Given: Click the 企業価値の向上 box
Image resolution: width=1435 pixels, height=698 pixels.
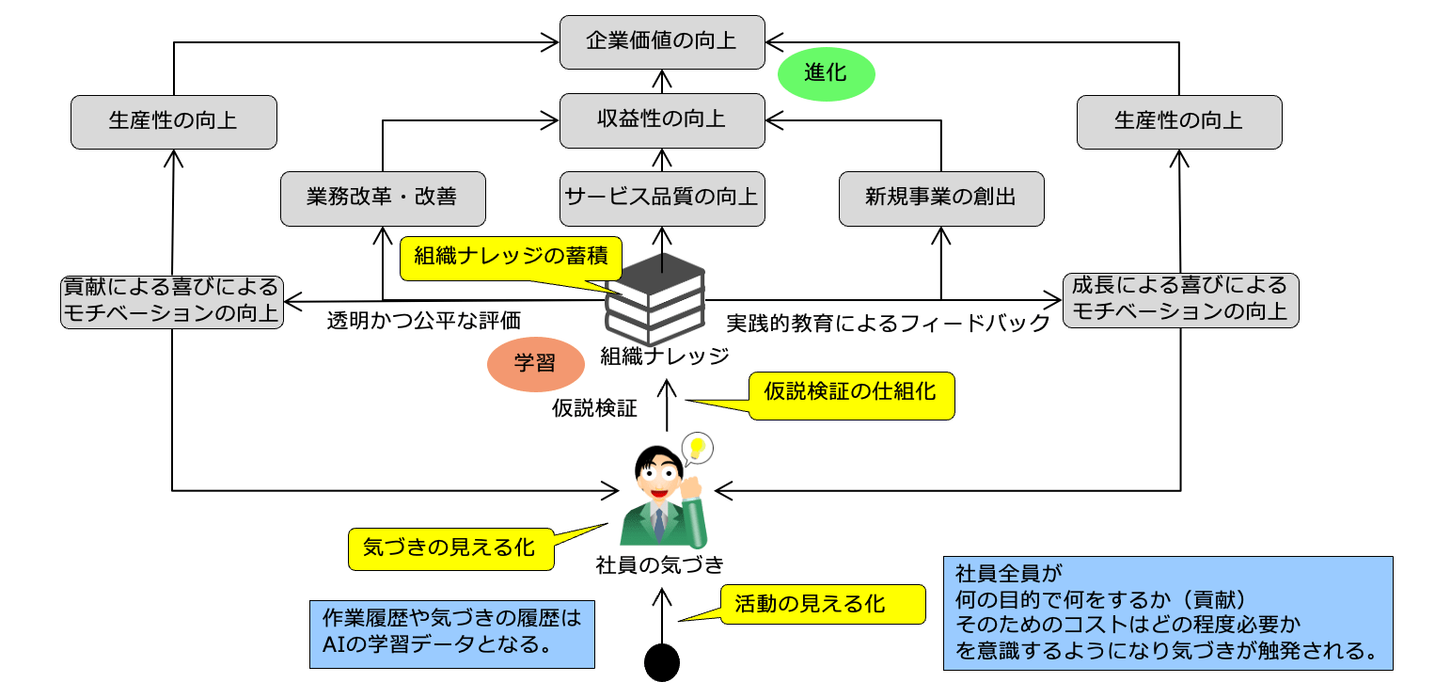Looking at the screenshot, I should (x=661, y=41).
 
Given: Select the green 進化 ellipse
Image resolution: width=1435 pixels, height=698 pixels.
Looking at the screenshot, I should (x=826, y=72).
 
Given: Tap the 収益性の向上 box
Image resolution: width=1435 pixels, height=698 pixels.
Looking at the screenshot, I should (x=661, y=120).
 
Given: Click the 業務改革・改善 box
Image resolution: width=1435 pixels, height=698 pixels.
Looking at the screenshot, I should (x=382, y=198).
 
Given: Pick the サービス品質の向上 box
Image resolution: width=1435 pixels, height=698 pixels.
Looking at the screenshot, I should (x=661, y=198).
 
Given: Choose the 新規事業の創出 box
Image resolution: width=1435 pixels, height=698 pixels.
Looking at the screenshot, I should (x=940, y=198).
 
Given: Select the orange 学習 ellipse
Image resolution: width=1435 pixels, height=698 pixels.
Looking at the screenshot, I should (x=534, y=365).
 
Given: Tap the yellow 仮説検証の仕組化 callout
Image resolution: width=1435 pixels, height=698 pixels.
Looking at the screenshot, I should (x=851, y=394).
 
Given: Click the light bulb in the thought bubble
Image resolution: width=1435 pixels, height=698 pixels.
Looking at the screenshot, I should (x=696, y=448).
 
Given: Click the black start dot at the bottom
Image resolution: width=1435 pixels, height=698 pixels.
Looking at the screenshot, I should (x=661, y=662).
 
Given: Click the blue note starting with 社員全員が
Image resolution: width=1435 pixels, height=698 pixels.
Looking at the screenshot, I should (x=1167, y=612).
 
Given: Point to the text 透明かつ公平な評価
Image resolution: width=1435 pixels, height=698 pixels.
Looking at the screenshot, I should (x=423, y=320).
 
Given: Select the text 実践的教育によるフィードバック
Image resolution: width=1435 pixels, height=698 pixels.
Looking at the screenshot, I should (x=888, y=323).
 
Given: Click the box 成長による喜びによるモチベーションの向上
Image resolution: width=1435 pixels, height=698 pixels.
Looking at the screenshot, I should (x=1179, y=299).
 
